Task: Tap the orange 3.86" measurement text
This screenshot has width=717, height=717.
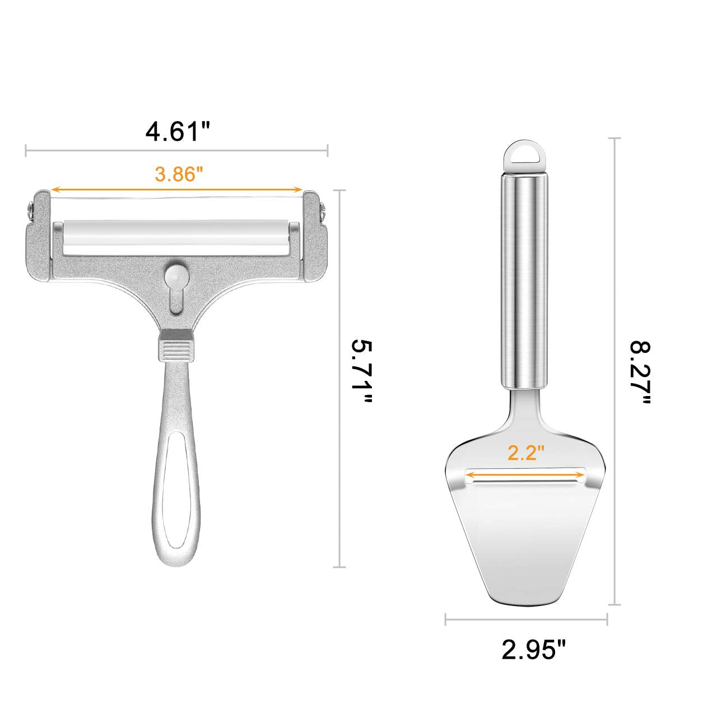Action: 179,174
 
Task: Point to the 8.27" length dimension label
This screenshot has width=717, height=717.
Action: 640,374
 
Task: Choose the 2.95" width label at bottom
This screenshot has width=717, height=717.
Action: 534,660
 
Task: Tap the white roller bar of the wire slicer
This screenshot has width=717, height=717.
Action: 177,238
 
